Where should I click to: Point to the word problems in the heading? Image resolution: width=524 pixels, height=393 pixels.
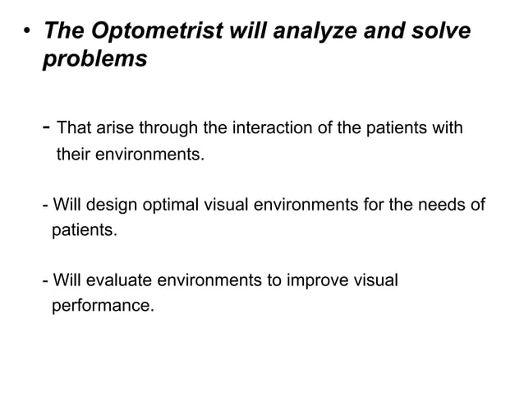(94, 60)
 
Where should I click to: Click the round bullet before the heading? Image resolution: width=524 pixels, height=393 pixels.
(27, 33)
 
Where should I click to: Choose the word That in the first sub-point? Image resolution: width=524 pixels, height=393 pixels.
(74, 128)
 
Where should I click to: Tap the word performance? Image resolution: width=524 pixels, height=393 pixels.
(102, 307)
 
